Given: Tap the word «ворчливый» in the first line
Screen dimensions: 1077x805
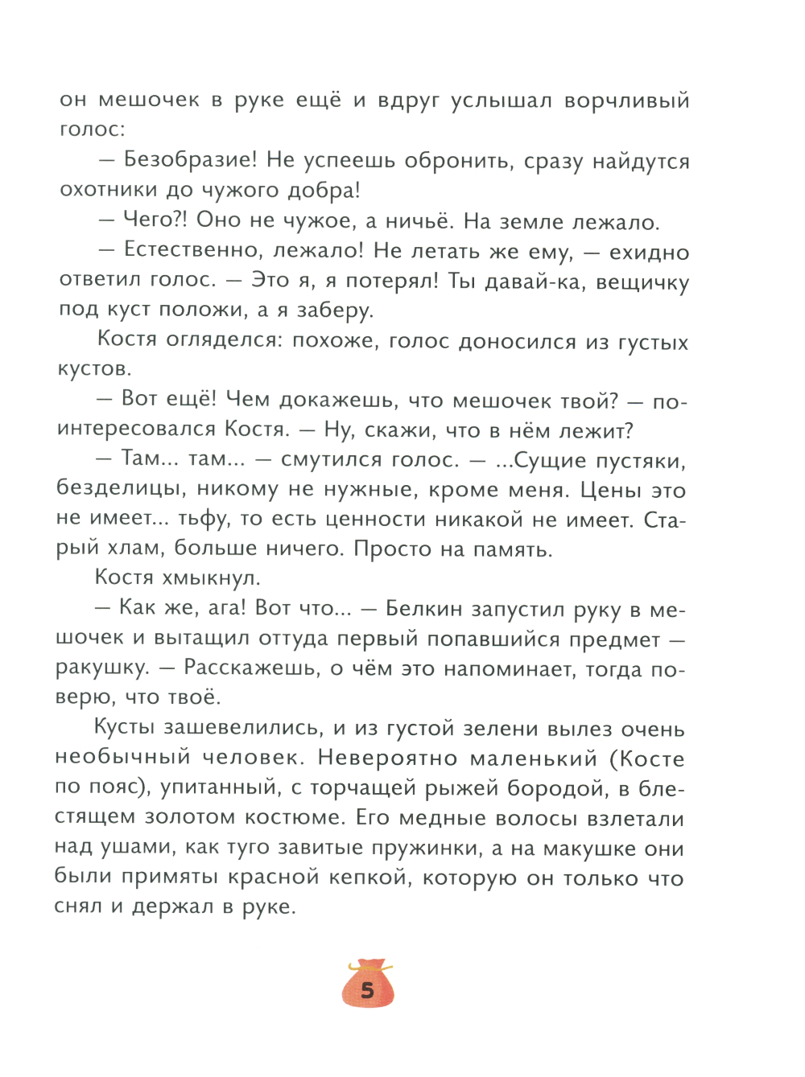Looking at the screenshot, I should [626, 101].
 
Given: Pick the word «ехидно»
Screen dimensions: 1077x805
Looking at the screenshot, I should [649, 253].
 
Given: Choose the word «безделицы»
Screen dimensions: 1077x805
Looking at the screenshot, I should [121, 489].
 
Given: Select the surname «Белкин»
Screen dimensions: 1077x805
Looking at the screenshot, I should [423, 608].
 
